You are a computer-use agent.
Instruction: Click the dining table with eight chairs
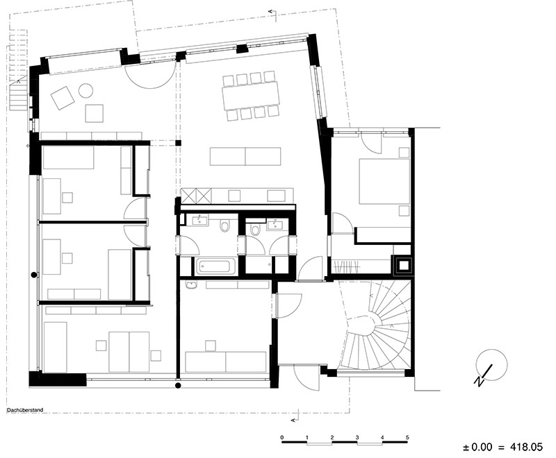(x=250, y=96)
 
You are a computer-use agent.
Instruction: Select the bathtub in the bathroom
(x=215, y=266)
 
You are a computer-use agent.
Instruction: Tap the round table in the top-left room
(x=85, y=91)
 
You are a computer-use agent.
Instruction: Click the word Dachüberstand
(x=25, y=410)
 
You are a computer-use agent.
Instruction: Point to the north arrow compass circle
(x=492, y=365)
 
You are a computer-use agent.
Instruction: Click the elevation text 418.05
(x=526, y=447)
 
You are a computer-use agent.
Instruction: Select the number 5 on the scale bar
(x=407, y=437)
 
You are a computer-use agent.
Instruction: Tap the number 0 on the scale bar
(x=282, y=437)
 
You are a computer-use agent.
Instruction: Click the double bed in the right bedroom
(x=384, y=182)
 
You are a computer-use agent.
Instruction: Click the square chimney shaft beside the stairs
(x=402, y=265)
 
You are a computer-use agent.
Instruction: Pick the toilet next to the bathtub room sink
(x=224, y=226)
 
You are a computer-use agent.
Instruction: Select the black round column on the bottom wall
(x=178, y=385)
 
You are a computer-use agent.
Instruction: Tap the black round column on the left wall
(x=34, y=274)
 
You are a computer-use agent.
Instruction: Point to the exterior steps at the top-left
(x=18, y=95)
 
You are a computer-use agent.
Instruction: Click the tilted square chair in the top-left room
(x=63, y=97)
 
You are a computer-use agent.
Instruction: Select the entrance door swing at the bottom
(x=306, y=378)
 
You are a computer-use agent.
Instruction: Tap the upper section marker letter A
(x=272, y=12)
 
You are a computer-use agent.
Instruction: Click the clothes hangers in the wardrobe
(x=346, y=266)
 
